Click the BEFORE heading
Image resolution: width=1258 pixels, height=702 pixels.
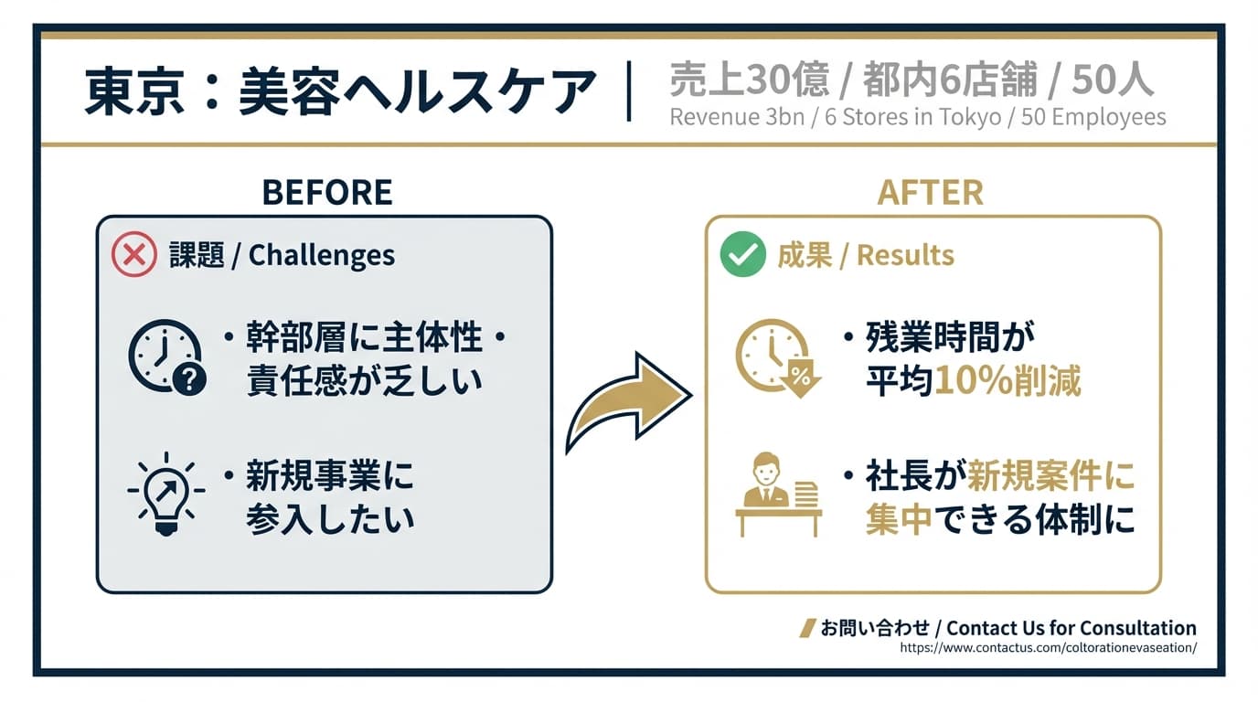point(327,192)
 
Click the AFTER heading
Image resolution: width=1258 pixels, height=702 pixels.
point(930,192)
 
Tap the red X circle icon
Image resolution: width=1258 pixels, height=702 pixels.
point(133,254)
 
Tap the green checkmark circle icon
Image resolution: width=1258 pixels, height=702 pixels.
point(743,254)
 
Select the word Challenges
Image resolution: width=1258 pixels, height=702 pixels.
point(321,256)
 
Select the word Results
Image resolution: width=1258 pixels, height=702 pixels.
point(905,255)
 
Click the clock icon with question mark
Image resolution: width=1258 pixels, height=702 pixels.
point(166,357)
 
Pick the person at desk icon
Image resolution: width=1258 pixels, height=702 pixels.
point(778,495)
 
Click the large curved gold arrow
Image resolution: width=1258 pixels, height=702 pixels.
point(628,401)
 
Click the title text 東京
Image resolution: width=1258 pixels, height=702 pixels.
point(134,91)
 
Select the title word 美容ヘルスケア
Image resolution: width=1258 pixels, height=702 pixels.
point(417,91)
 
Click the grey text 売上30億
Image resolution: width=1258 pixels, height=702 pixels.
point(750,80)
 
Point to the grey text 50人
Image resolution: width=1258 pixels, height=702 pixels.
point(1113,80)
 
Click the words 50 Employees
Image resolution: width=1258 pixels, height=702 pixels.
point(1093,117)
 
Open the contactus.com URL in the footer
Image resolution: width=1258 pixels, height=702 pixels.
point(1049,647)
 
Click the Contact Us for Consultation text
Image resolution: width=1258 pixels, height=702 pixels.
point(1071,628)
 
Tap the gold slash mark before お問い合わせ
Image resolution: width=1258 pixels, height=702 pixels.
point(808,628)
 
